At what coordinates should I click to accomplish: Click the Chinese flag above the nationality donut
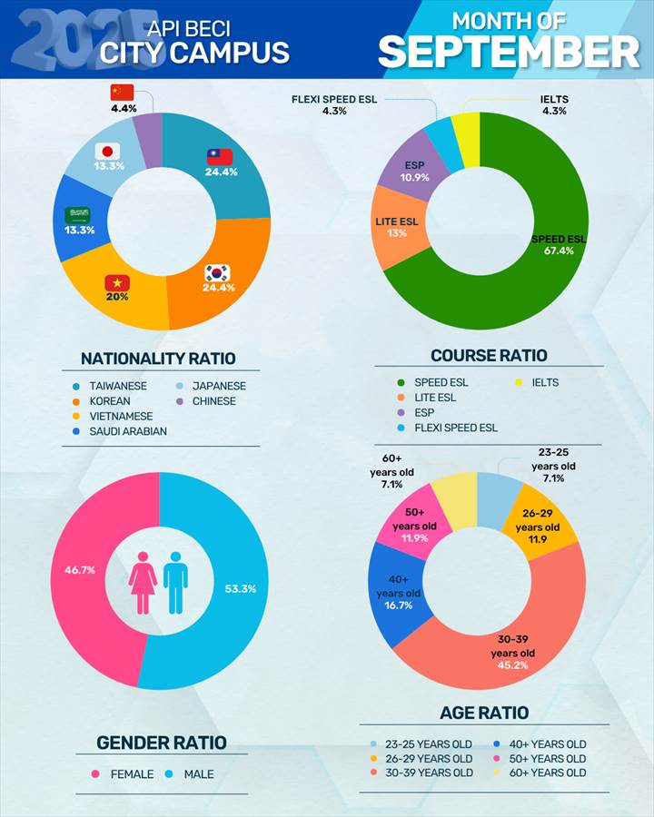click(x=122, y=93)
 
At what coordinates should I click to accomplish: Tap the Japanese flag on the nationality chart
click(x=108, y=152)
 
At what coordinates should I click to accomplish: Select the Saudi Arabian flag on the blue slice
click(x=77, y=215)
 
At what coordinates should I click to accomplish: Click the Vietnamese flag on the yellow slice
click(x=116, y=282)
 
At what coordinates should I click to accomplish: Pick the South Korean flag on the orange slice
click(x=217, y=271)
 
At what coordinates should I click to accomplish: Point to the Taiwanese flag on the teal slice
click(x=220, y=156)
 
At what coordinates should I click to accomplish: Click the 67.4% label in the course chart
click(x=559, y=251)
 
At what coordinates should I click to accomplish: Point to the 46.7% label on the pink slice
click(x=78, y=570)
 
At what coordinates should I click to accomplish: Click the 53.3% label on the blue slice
click(x=240, y=588)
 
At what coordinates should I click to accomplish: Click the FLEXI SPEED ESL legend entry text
click(x=456, y=428)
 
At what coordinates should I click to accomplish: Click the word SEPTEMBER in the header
click(x=509, y=53)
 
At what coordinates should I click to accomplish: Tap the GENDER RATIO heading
click(x=162, y=743)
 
